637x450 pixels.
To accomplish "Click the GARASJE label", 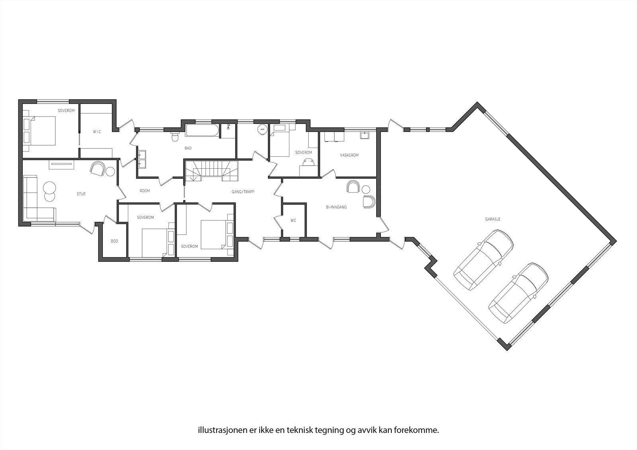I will click(492, 219).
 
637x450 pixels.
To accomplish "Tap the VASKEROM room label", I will click(349, 155).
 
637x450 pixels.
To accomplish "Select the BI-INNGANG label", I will click(336, 207).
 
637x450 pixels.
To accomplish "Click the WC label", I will click(293, 220).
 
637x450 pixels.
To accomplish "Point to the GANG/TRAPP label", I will click(243, 192).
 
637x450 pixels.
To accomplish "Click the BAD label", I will click(188, 148).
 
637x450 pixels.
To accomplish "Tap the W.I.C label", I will click(97, 132).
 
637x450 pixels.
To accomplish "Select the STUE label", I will click(81, 194).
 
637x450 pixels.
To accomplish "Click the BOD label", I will click(114, 241).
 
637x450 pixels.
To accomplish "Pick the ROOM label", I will click(145, 191).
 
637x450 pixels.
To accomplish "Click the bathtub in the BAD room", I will click(202, 131).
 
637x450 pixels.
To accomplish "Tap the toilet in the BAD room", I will click(174, 137).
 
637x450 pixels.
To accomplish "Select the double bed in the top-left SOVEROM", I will click(40, 131).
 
